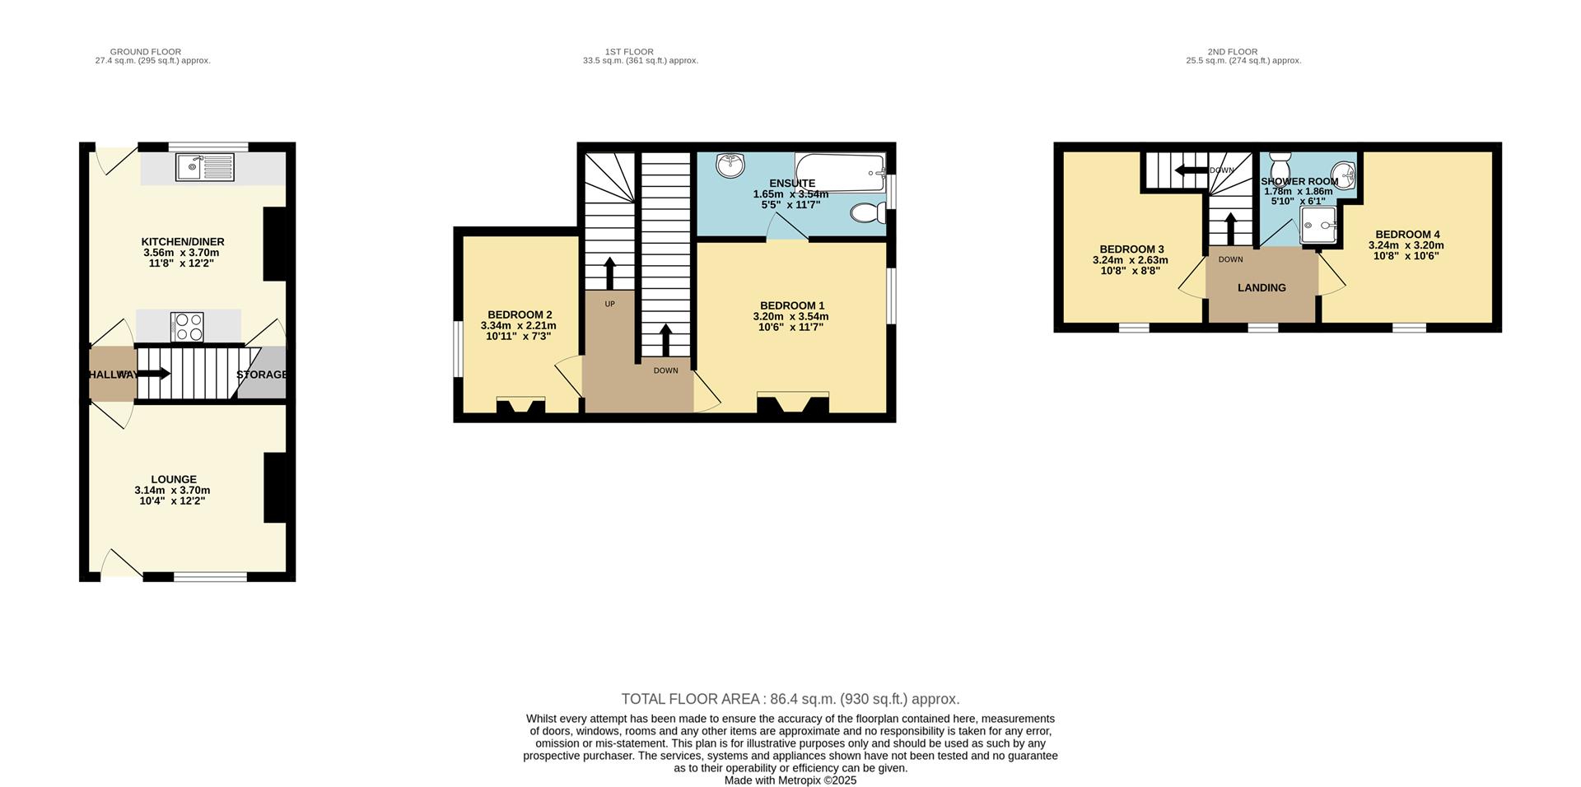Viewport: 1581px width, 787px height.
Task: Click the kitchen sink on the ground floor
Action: [205, 168]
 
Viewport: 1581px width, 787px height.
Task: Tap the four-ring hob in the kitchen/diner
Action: [187, 327]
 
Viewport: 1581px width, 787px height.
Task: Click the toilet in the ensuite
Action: [867, 214]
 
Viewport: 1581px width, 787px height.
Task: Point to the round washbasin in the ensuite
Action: [730, 165]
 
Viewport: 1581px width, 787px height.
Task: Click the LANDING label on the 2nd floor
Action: [1262, 288]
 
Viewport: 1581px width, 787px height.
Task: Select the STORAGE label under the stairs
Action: [262, 375]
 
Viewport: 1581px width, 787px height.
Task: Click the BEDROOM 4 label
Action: [1406, 235]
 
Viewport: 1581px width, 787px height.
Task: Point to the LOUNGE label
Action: [174, 479]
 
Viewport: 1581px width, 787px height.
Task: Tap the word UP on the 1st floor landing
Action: [609, 304]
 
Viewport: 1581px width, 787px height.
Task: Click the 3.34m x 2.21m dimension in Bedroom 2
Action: [518, 326]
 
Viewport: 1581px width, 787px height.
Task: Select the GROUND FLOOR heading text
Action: [146, 52]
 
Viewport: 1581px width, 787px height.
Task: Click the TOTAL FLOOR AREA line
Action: [790, 699]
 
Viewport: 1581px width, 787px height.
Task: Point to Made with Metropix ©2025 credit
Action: [790, 780]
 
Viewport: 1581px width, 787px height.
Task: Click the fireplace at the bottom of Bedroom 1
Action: [793, 405]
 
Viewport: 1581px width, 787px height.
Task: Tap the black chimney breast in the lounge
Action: [275, 487]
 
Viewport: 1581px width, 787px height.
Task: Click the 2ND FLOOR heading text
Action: [1232, 52]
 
